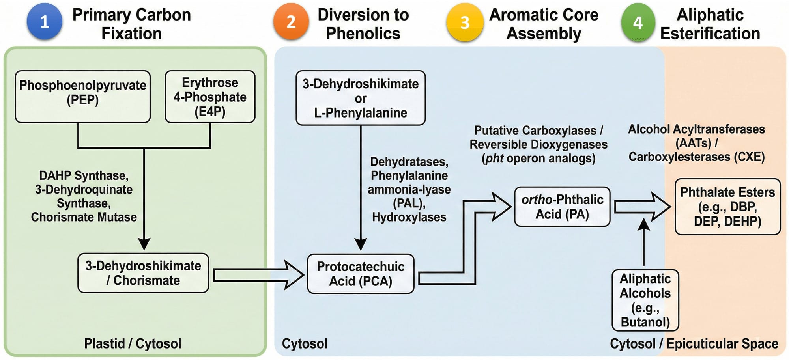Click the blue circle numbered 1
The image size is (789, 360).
click(x=45, y=22)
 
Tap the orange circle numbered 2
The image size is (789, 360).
click(x=291, y=22)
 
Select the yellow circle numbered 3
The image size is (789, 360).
click(x=465, y=22)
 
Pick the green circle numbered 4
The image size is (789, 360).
click(x=638, y=22)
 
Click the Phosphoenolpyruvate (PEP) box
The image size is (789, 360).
click(x=83, y=97)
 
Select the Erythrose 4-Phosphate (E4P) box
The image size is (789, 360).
click(x=210, y=97)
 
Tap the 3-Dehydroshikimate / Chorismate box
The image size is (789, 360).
click(x=143, y=273)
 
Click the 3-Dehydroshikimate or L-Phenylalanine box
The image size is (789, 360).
click(x=361, y=98)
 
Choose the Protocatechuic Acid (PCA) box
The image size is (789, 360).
click(x=361, y=274)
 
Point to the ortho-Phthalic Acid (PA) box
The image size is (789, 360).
click(x=562, y=207)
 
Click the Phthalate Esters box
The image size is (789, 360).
click(x=727, y=207)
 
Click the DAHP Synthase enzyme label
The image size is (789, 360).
click(x=84, y=175)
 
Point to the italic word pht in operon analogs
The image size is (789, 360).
click(x=494, y=159)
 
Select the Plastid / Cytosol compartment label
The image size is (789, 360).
click(x=133, y=343)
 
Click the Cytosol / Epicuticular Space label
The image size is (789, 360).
click(x=694, y=343)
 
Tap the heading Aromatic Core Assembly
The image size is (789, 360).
click(x=544, y=24)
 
